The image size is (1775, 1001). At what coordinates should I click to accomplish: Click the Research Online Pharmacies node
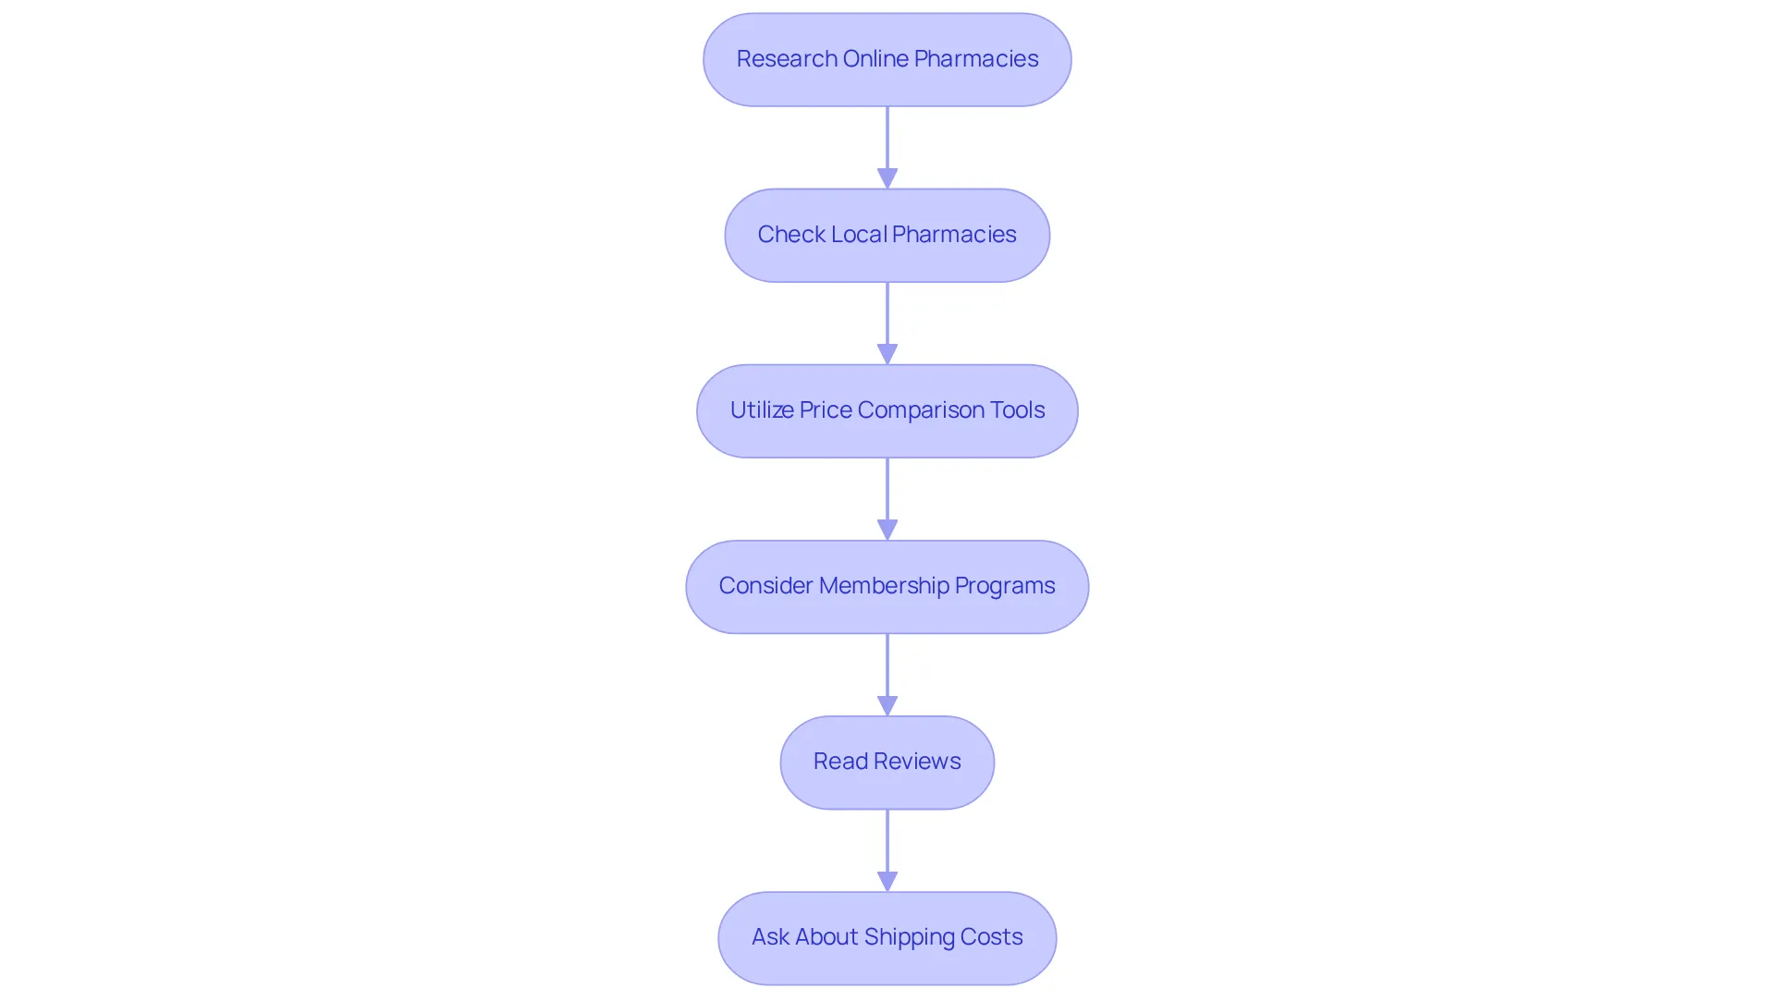tap(887, 59)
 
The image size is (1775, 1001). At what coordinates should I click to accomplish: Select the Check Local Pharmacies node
tap(887, 235)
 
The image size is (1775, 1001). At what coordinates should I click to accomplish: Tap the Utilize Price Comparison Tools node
tap(887, 410)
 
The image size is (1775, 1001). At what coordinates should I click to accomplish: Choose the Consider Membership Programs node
tap(887, 586)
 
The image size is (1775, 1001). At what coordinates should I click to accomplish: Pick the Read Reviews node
tap(887, 762)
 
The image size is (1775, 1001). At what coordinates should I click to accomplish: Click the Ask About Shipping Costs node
tap(887, 937)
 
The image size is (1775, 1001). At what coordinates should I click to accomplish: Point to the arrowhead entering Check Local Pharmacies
tap(887, 178)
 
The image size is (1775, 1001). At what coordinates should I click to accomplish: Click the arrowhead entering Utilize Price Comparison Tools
tap(887, 354)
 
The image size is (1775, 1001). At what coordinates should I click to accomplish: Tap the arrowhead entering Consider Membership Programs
tap(887, 530)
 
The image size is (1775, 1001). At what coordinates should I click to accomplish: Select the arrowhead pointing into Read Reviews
tap(887, 705)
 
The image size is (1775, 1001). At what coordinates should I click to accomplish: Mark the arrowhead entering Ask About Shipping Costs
tap(887, 881)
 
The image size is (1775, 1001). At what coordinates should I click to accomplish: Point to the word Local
tap(859, 234)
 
